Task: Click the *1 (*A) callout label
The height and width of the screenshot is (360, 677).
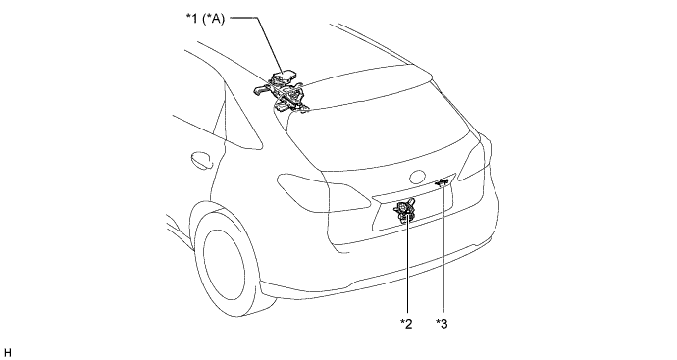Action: (x=205, y=19)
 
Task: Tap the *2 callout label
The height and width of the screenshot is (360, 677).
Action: (x=406, y=324)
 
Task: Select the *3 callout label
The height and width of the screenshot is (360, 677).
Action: (x=442, y=324)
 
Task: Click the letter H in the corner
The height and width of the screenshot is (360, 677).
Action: (x=7, y=353)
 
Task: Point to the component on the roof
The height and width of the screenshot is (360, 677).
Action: (x=281, y=92)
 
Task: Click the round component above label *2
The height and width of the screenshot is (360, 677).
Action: (x=404, y=210)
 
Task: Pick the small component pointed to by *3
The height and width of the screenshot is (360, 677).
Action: (x=442, y=183)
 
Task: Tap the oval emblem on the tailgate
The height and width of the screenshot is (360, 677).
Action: (x=418, y=177)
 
